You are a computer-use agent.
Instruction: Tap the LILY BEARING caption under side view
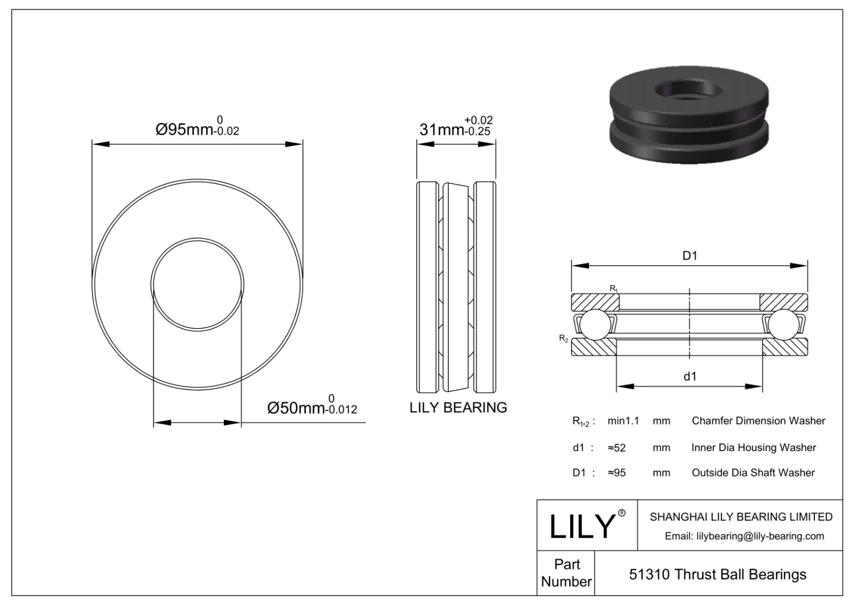(458, 408)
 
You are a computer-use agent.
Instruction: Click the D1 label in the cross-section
(690, 256)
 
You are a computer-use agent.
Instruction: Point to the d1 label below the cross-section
(690, 377)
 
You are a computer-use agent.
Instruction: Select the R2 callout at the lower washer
(563, 338)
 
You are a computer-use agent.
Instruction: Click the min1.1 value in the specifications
(623, 421)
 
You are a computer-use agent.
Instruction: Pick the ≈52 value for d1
(617, 448)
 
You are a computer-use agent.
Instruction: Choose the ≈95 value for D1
(617, 473)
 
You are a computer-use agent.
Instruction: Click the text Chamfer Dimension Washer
(758, 421)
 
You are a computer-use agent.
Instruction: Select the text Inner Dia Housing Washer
(753, 448)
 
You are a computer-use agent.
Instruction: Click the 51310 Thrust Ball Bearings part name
(718, 575)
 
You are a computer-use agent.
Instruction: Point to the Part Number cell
(566, 573)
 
